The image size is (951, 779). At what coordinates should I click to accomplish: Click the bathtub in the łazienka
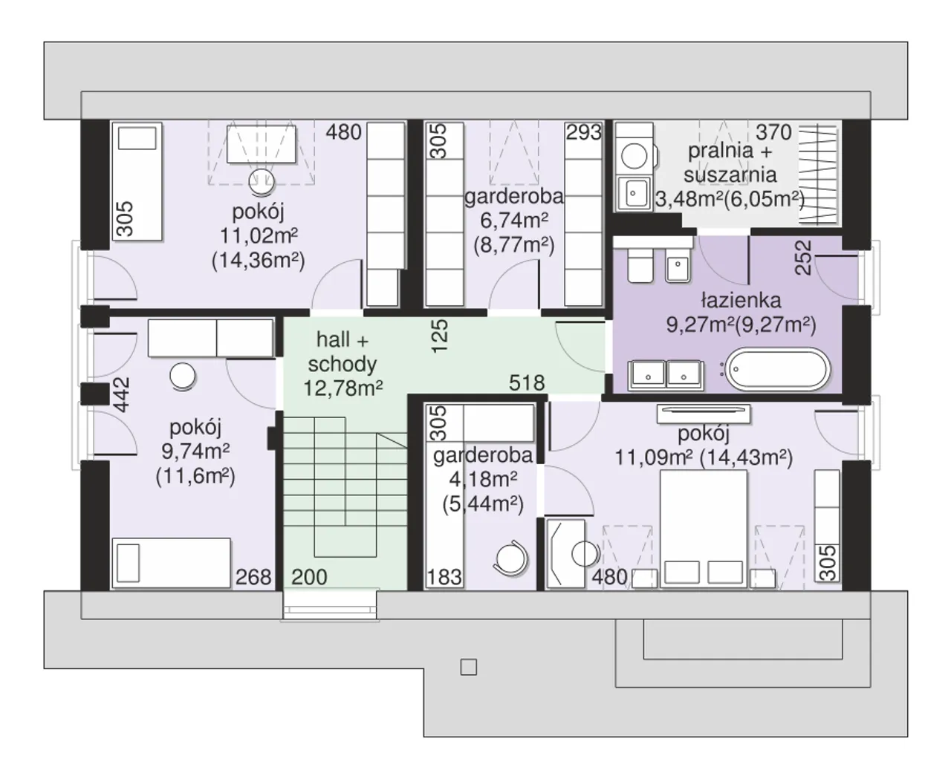point(779,369)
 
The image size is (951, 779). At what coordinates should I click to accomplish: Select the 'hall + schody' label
point(343,352)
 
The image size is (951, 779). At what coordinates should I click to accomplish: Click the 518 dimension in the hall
point(527,382)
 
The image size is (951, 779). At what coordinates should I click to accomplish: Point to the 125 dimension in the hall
point(440,336)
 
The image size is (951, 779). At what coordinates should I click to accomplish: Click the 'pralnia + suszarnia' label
point(730,163)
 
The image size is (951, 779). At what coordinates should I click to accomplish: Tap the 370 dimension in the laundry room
point(773,132)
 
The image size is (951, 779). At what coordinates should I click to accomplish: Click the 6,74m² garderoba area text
point(514,221)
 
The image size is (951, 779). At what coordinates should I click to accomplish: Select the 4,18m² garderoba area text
point(483,479)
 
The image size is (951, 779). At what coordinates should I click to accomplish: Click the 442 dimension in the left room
point(122,394)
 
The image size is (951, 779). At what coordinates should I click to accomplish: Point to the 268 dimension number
point(253,577)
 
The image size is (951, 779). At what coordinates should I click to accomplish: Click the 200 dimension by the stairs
point(309,577)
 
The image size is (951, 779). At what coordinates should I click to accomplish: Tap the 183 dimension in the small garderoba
point(444,577)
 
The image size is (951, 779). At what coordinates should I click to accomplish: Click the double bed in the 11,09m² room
point(704,529)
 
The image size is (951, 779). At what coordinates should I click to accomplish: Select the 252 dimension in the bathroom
point(804,258)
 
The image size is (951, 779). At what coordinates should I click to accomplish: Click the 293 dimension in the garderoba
point(584,132)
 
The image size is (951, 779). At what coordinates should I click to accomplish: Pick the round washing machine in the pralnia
point(634,156)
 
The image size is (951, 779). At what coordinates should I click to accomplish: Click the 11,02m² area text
point(259,235)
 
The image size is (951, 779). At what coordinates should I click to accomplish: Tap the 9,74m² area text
point(195,451)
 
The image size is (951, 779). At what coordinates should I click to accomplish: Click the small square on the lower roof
point(469,667)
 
